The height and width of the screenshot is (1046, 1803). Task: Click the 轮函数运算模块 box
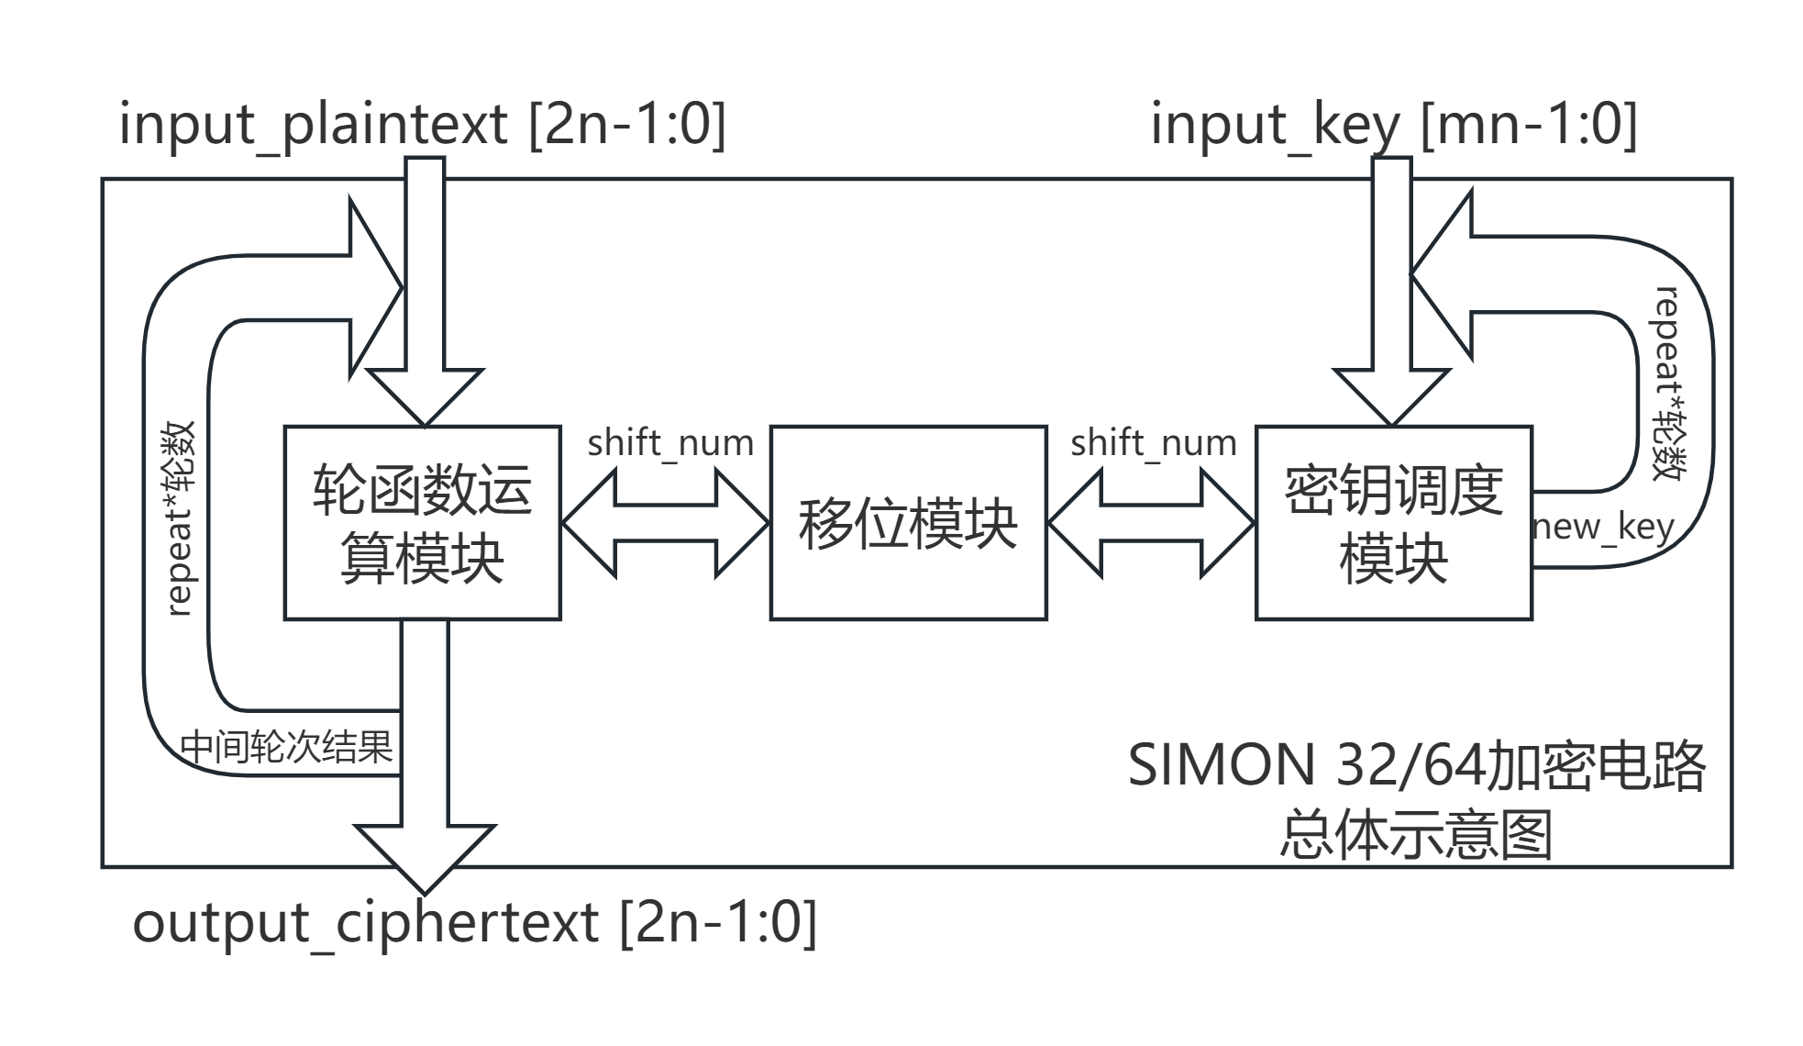[x=422, y=523]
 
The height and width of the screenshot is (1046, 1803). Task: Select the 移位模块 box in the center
[x=908, y=523]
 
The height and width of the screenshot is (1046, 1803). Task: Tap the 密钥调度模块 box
[x=1393, y=523]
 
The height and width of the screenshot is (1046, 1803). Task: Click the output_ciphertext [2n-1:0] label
[x=474, y=922]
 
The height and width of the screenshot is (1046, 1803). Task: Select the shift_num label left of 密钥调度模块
[x=1153, y=443]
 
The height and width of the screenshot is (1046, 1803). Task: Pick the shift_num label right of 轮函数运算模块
[x=669, y=443]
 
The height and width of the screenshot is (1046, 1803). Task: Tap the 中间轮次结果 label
[x=286, y=746]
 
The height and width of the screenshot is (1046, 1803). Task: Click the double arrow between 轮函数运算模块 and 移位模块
[x=665, y=523]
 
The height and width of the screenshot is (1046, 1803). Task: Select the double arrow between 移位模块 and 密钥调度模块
[x=1151, y=523]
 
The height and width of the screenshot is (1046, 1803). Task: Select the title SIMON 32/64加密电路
[x=1416, y=764]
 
